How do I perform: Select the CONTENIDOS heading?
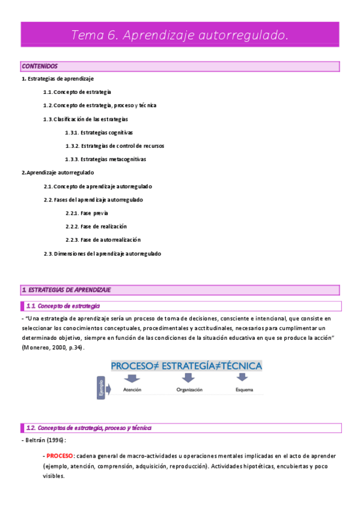(x=40, y=66)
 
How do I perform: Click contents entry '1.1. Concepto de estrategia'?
(x=77, y=92)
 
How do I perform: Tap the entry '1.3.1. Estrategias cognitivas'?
(x=99, y=132)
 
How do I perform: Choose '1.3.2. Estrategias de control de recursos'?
(x=115, y=146)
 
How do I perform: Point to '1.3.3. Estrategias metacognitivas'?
(x=106, y=159)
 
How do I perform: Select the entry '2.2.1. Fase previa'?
(x=87, y=214)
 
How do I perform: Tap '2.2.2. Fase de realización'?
(x=96, y=227)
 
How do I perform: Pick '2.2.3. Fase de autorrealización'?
(x=103, y=240)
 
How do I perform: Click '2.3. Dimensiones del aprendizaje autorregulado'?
(x=102, y=254)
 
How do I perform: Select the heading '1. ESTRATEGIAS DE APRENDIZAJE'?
(x=66, y=290)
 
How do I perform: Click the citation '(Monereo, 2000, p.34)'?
(x=53, y=348)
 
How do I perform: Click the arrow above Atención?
(x=132, y=378)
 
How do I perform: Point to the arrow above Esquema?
(x=242, y=378)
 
